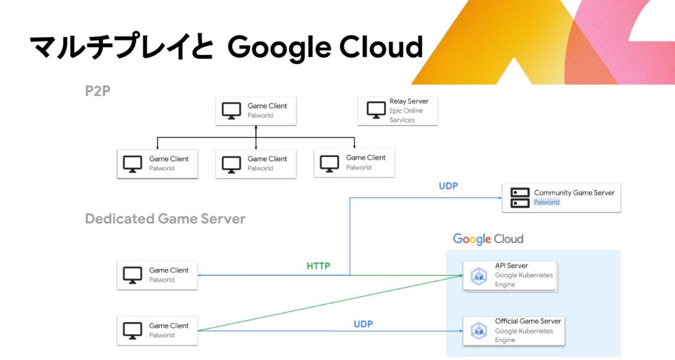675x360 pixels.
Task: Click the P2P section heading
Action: coord(98,91)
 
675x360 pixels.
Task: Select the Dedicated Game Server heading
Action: coord(165,219)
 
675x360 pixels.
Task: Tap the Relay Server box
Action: coord(397,111)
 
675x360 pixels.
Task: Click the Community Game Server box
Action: coord(561,198)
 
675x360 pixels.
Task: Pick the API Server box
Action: coord(510,275)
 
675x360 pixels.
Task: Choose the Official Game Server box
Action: coord(514,330)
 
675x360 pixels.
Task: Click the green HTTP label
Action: coord(318,266)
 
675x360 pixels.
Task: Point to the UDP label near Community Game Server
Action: coord(448,186)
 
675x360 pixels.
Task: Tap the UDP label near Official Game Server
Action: coord(363,324)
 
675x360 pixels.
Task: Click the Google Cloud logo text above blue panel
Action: coord(488,239)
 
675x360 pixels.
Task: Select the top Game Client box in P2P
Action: coord(256,111)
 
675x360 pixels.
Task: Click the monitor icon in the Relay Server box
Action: coord(376,110)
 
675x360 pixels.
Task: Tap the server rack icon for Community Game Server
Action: coord(520,198)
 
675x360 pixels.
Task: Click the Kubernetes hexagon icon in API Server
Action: coord(479,276)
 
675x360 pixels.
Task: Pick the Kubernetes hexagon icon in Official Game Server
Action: coord(479,331)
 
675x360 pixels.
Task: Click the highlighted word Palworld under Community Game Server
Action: coord(547,202)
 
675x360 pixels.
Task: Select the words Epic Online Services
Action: coord(406,116)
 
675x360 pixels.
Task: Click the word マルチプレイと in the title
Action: coord(121,47)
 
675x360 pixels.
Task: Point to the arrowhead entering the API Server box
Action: coord(461,275)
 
